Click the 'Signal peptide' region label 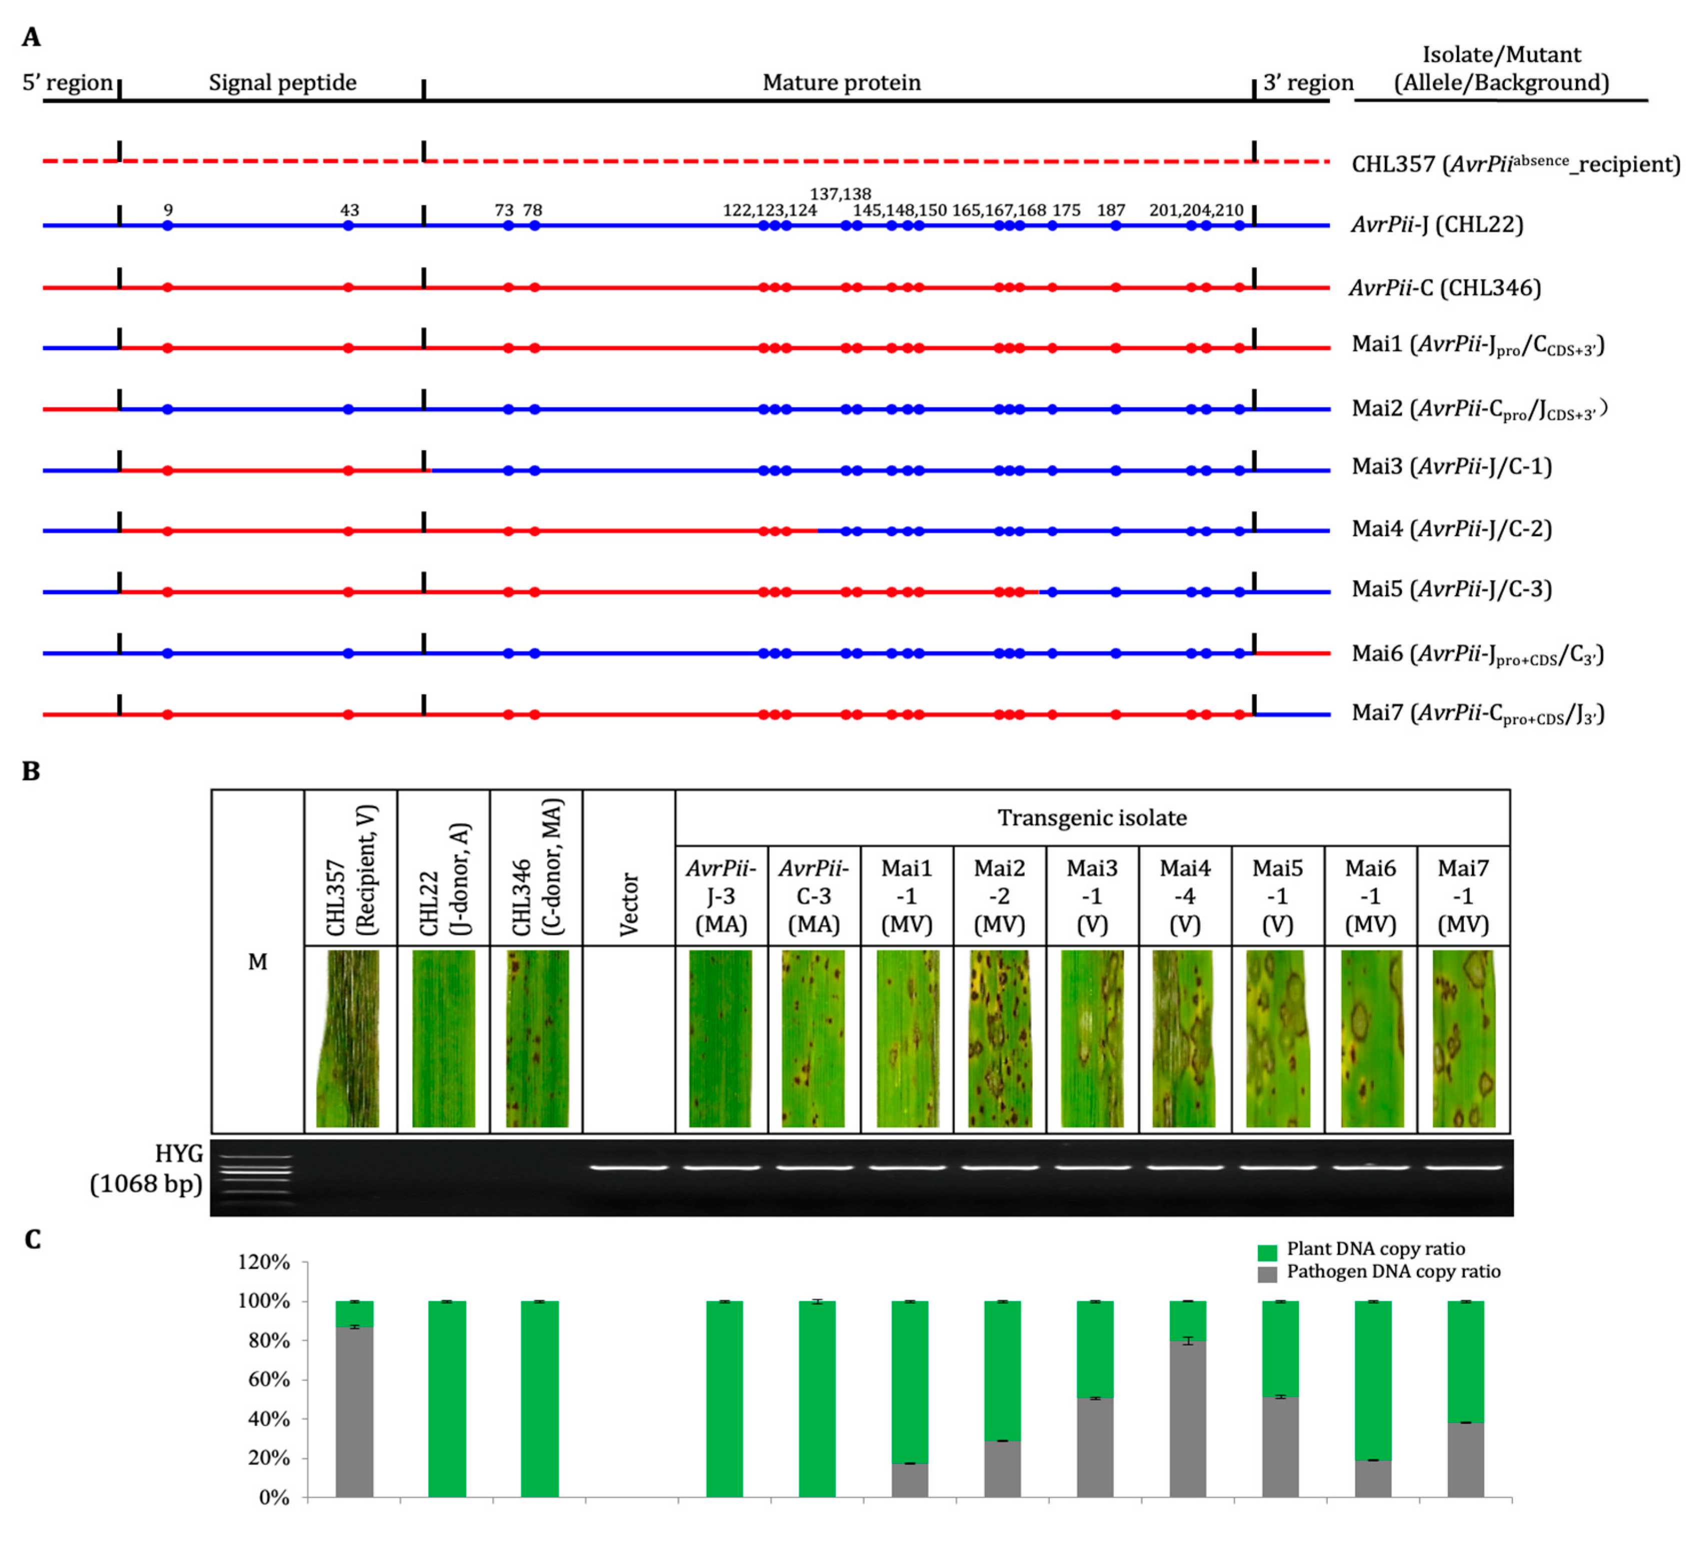click(x=282, y=83)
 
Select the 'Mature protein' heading click(x=841, y=83)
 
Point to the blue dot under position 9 click(x=168, y=225)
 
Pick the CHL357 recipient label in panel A click(x=1514, y=164)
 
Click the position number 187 click(x=1111, y=210)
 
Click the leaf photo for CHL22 click(x=443, y=1038)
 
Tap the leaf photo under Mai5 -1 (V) click(x=1277, y=1038)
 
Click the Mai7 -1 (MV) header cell click(x=1463, y=895)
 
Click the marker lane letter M click(x=258, y=962)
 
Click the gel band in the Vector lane click(x=629, y=1167)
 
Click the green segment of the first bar click(x=355, y=1314)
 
